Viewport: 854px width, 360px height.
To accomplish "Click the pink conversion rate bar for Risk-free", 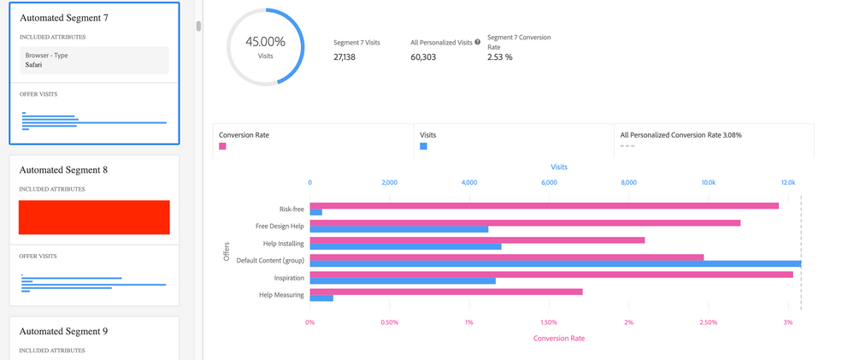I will (x=544, y=205).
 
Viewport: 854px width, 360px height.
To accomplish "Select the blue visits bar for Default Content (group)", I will (x=555, y=263).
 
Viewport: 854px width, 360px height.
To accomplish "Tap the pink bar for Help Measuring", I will (x=445, y=292).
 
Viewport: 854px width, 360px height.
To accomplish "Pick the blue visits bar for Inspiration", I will (x=402, y=280).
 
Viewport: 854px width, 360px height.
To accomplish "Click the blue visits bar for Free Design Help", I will (x=398, y=229).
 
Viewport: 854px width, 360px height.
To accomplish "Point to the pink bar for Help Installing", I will (x=477, y=240).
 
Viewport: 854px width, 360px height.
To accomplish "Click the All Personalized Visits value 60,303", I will (x=427, y=57).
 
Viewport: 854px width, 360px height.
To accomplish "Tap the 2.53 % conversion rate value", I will (x=499, y=57).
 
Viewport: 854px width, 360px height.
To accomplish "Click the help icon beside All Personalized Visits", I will (x=477, y=42).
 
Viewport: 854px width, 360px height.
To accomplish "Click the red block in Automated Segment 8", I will (x=94, y=217).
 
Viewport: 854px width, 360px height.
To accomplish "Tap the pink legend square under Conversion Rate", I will (x=223, y=146).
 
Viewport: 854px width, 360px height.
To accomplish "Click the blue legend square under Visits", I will (x=423, y=146).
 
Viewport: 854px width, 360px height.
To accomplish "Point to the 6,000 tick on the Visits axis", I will (x=549, y=182).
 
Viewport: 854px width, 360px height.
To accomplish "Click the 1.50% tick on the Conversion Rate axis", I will (x=549, y=322).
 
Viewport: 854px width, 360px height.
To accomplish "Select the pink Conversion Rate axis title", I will (x=558, y=338).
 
